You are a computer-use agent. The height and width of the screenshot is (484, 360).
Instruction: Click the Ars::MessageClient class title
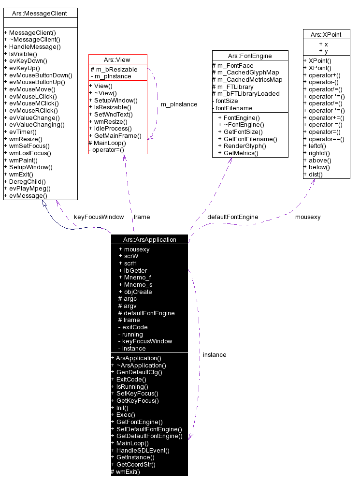click(40, 13)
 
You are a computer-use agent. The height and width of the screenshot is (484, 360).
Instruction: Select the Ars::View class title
click(117, 59)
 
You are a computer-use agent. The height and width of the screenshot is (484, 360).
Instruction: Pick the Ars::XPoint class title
click(326, 34)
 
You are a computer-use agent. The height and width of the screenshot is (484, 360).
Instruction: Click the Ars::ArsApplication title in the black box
click(149, 239)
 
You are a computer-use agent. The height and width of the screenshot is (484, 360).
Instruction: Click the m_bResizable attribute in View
click(116, 70)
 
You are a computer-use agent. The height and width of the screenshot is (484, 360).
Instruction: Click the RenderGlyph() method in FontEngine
click(245, 146)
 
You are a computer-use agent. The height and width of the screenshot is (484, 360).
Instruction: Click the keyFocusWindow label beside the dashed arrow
click(99, 217)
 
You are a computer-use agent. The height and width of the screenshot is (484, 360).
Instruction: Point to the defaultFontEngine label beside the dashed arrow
click(232, 217)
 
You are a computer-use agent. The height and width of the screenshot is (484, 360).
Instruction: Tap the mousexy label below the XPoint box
click(308, 217)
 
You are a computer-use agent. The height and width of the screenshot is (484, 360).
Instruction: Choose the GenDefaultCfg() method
click(139, 372)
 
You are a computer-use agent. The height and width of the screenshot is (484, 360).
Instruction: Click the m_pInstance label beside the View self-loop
click(179, 104)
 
